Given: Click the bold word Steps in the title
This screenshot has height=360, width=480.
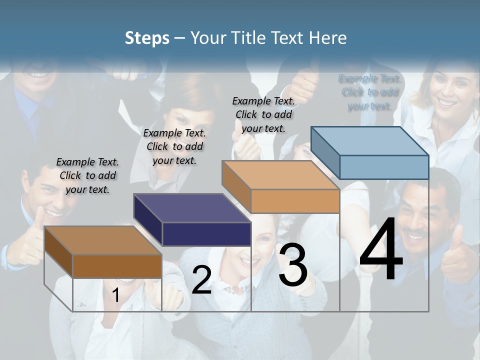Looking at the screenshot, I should [146, 38].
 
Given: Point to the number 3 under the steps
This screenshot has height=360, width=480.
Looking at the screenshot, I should [293, 265].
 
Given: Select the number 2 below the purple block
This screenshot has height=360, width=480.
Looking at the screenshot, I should [201, 280].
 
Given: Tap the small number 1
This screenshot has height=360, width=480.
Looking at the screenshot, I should [115, 295].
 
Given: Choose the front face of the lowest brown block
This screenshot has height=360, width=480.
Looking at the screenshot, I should [117, 266].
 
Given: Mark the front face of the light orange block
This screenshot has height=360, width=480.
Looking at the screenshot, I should [295, 201].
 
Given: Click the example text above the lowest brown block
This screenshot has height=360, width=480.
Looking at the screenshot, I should [87, 175].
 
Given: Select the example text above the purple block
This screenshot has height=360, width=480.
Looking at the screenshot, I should [174, 146].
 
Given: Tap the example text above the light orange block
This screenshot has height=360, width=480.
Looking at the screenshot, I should [263, 114].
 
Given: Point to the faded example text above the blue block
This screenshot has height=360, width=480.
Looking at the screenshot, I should [369, 92].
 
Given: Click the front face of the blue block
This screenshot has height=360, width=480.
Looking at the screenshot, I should [384, 167].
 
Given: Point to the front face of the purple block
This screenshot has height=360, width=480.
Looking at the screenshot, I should [206, 234].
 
